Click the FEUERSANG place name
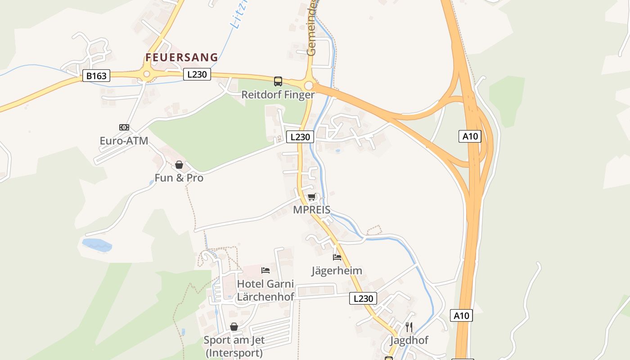pyautogui.click(x=181, y=58)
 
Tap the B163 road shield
pyautogui.click(x=96, y=76)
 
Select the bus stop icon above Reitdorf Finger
pyautogui.click(x=278, y=81)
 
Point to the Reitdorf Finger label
pyautogui.click(x=278, y=94)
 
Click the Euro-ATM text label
pyautogui.click(x=124, y=141)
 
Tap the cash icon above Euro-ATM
pyautogui.click(x=124, y=127)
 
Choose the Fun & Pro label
pyautogui.click(x=179, y=178)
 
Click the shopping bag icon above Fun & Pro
pyautogui.click(x=179, y=165)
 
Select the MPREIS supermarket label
pyautogui.click(x=311, y=210)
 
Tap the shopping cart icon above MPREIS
pyautogui.click(x=311, y=197)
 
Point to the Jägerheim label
pyautogui.click(x=337, y=270)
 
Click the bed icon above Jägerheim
pyautogui.click(x=337, y=257)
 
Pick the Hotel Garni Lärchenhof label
pyautogui.click(x=265, y=290)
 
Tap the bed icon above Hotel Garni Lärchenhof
pyautogui.click(x=265, y=270)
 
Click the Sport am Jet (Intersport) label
pyautogui.click(x=234, y=346)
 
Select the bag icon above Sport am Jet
pyautogui.click(x=234, y=327)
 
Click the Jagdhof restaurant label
pyautogui.click(x=409, y=340)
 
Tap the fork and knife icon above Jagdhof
pyautogui.click(x=409, y=327)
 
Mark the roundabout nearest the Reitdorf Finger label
pyautogui.click(x=308, y=85)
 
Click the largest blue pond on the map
pyautogui.click(x=97, y=245)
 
